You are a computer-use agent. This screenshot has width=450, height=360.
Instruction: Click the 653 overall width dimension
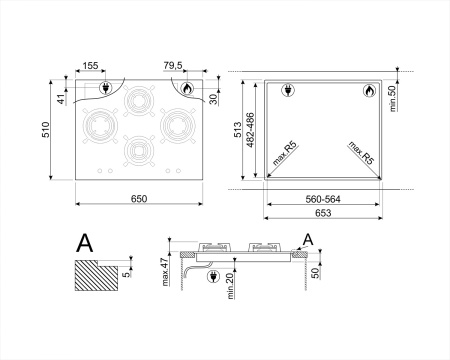pyautogui.click(x=323, y=214)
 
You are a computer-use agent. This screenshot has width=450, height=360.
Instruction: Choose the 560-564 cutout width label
pyautogui.click(x=324, y=199)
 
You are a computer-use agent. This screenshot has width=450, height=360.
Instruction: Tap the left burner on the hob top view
pyautogui.click(x=100, y=127)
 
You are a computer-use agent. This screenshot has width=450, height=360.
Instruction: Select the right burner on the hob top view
pyautogui.click(x=176, y=127)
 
